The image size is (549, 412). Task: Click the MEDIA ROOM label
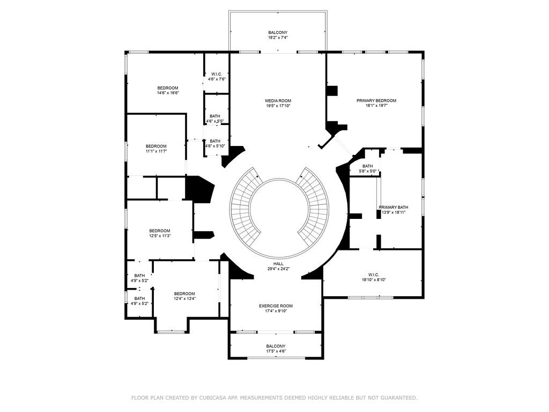pos(278,101)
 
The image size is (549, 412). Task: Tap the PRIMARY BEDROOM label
pos(376,101)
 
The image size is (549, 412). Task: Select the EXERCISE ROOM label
pos(276,306)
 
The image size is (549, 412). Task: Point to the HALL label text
pos(278,264)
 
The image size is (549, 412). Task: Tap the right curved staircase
pos(315,207)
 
